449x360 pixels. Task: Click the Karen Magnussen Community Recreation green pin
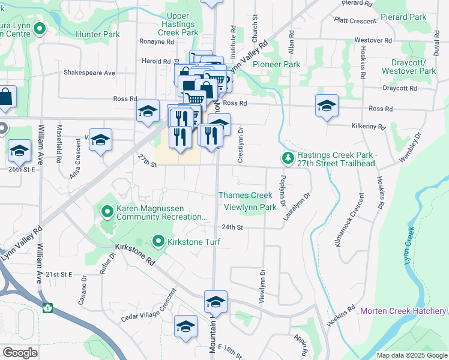(108, 211)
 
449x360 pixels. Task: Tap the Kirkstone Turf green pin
(158, 241)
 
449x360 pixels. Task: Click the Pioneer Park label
(276, 64)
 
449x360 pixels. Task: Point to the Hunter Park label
(98, 34)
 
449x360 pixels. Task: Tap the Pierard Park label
(404, 17)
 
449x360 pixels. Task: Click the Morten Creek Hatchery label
(403, 311)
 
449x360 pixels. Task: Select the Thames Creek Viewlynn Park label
(246, 201)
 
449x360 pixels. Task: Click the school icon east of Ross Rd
(327, 106)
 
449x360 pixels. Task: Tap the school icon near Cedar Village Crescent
(186, 328)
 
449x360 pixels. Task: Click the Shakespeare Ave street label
(89, 73)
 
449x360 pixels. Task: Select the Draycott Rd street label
(400, 88)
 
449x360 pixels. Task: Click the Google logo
(20, 353)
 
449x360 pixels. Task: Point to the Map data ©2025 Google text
(411, 355)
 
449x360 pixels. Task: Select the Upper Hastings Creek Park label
(178, 23)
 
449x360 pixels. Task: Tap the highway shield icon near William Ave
(47, 308)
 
